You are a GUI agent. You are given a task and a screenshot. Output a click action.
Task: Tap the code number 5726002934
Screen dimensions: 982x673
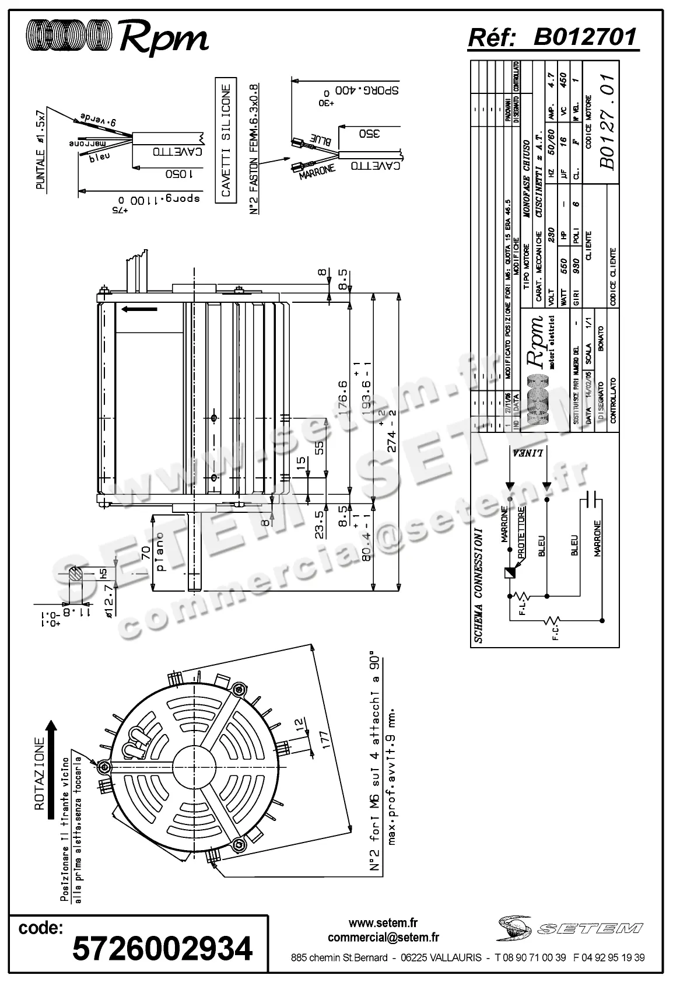click(162, 948)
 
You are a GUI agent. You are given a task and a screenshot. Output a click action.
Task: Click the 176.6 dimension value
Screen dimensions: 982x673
click(342, 397)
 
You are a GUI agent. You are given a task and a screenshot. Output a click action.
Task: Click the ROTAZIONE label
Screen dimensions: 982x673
click(40, 772)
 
